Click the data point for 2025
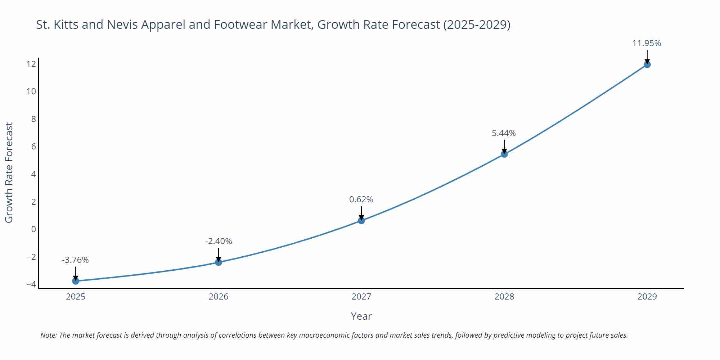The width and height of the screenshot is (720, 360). pyautogui.click(x=76, y=281)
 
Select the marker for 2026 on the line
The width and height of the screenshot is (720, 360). pyautogui.click(x=219, y=262)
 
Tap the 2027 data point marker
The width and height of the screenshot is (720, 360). pyautogui.click(x=361, y=220)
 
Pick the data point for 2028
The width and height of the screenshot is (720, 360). pyautogui.click(x=504, y=154)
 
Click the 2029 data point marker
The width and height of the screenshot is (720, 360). pyautogui.click(x=647, y=64)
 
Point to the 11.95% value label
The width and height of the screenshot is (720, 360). pyautogui.click(x=647, y=43)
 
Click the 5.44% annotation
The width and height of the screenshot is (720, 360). pyautogui.click(x=504, y=133)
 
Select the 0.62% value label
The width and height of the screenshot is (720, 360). pyautogui.click(x=361, y=199)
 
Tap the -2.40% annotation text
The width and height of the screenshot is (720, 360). pyautogui.click(x=219, y=241)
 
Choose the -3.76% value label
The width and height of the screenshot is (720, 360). pyautogui.click(x=75, y=260)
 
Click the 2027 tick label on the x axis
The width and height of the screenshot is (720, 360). pyautogui.click(x=361, y=297)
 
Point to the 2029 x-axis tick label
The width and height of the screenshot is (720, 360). pyautogui.click(x=647, y=297)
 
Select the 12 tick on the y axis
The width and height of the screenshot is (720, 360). pyautogui.click(x=31, y=64)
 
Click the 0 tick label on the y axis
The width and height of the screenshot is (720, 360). pyautogui.click(x=33, y=229)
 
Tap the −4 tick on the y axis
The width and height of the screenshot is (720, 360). pyautogui.click(x=31, y=284)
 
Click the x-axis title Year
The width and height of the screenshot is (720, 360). pyautogui.click(x=361, y=316)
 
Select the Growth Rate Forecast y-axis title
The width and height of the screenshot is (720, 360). pyautogui.click(x=9, y=172)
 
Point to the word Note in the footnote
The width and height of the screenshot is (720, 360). pyautogui.click(x=48, y=335)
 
